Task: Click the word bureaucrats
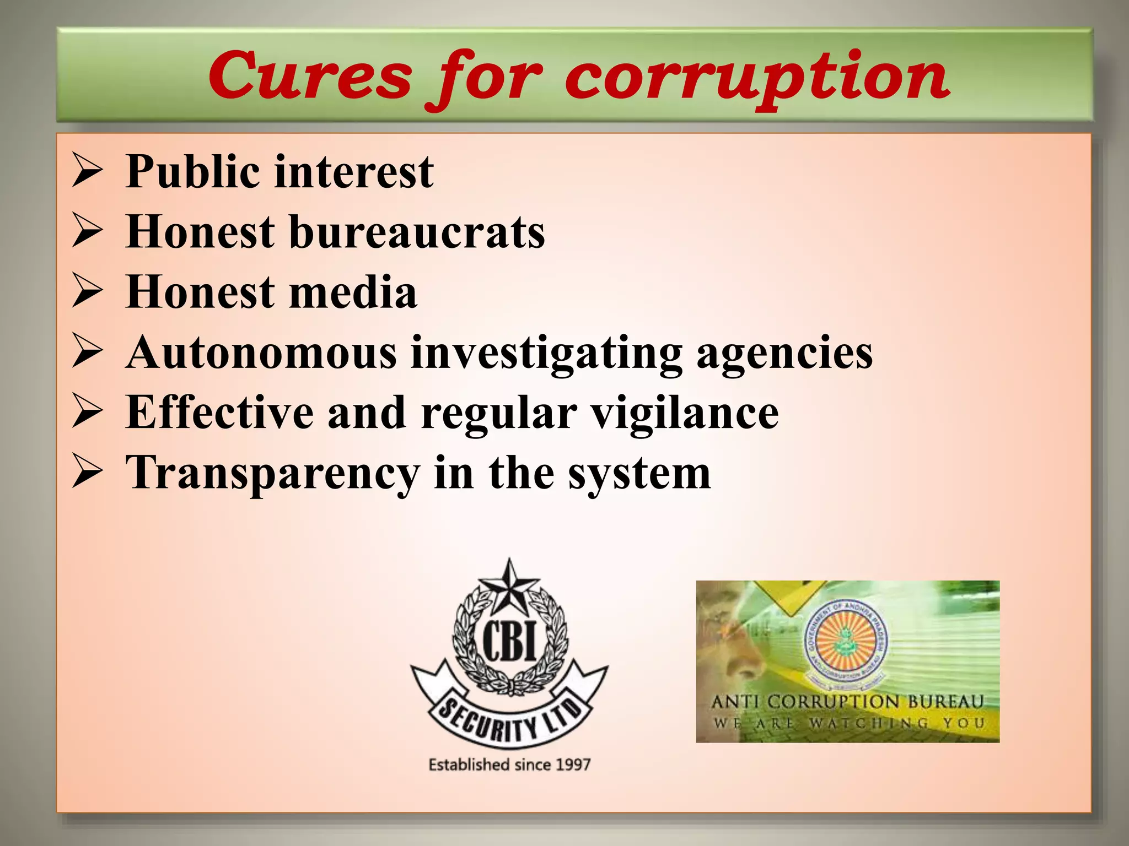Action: coord(417,232)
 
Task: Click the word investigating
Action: coord(546,354)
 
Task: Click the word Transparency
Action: coord(272,474)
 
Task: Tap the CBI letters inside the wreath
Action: coord(509,642)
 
